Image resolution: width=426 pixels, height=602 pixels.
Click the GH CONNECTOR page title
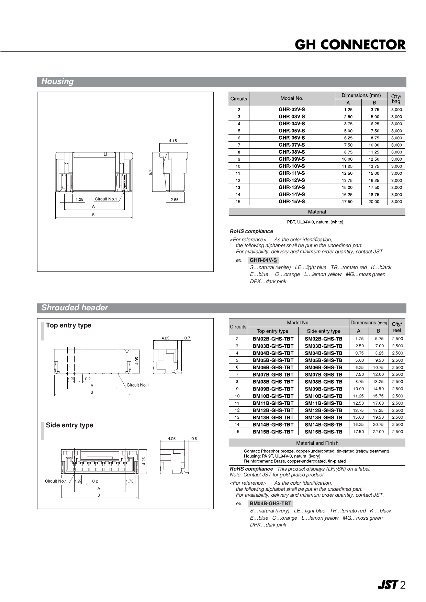[350, 45]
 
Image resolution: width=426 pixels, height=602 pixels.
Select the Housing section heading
[57, 82]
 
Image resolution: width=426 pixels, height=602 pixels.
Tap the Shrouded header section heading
[75, 308]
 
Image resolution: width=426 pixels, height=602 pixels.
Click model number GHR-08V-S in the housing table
[292, 152]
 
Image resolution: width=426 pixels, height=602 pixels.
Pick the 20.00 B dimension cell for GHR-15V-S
[374, 202]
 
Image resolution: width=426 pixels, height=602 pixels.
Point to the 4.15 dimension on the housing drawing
[173, 141]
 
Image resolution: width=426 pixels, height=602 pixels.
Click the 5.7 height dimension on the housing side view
[150, 172]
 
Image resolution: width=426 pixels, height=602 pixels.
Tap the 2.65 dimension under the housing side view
[175, 200]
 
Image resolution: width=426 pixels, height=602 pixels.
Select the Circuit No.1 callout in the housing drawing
[106, 199]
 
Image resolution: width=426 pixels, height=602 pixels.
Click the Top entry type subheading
[69, 325]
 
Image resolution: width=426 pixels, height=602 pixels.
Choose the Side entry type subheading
[70, 425]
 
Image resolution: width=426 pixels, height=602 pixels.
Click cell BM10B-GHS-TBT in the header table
[273, 396]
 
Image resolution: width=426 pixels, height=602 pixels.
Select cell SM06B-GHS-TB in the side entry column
[324, 367]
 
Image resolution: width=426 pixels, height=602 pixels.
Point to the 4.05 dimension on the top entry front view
[137, 361]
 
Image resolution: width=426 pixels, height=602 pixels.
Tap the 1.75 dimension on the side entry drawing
[130, 481]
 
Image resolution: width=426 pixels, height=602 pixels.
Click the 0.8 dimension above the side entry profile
[194, 439]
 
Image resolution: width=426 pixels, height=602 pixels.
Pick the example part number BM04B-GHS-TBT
[270, 503]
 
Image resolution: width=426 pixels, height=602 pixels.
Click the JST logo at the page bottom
[388, 585]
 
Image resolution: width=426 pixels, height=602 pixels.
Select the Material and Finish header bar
[317, 443]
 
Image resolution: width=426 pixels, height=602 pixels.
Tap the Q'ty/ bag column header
[396, 99]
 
